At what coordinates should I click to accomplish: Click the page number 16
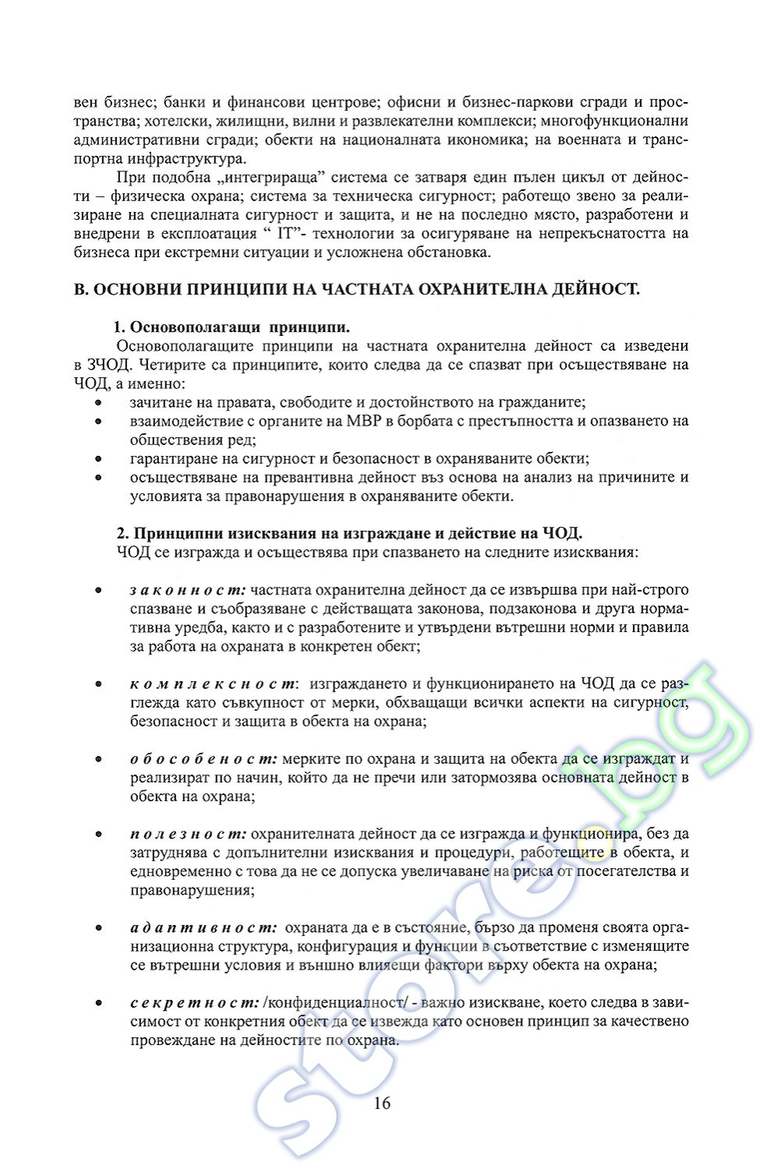[382, 1103]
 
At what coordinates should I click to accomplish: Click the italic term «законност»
[188, 590]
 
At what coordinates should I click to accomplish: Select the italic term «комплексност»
[213, 683]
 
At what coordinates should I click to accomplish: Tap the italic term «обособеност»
[203, 758]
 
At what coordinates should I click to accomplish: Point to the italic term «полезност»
[189, 833]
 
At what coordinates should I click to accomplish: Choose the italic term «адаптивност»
[203, 927]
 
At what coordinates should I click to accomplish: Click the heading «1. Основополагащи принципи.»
[231, 327]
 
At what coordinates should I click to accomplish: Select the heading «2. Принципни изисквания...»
[349, 533]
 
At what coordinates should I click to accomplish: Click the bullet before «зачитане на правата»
[98, 402]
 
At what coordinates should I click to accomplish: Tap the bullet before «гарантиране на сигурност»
[98, 458]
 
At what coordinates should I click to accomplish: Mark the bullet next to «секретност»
[98, 1002]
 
